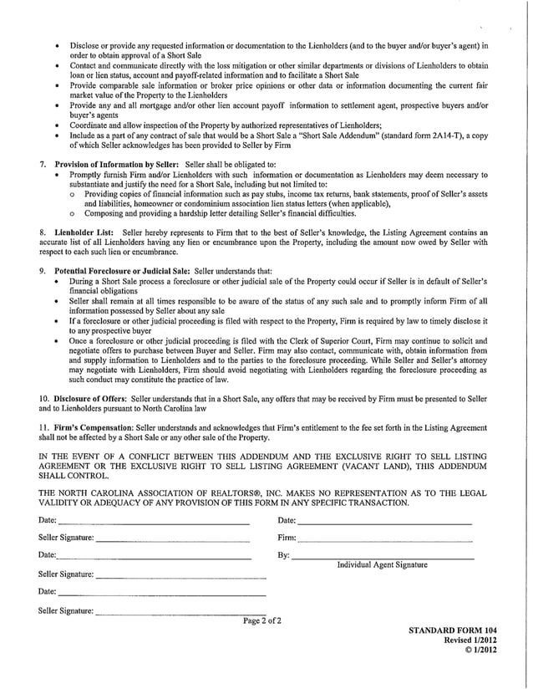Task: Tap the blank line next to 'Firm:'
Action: [x=384, y=540]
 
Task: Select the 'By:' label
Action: [x=283, y=556]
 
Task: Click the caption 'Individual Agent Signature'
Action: [x=381, y=565]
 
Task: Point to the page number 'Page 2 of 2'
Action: [x=262, y=621]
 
